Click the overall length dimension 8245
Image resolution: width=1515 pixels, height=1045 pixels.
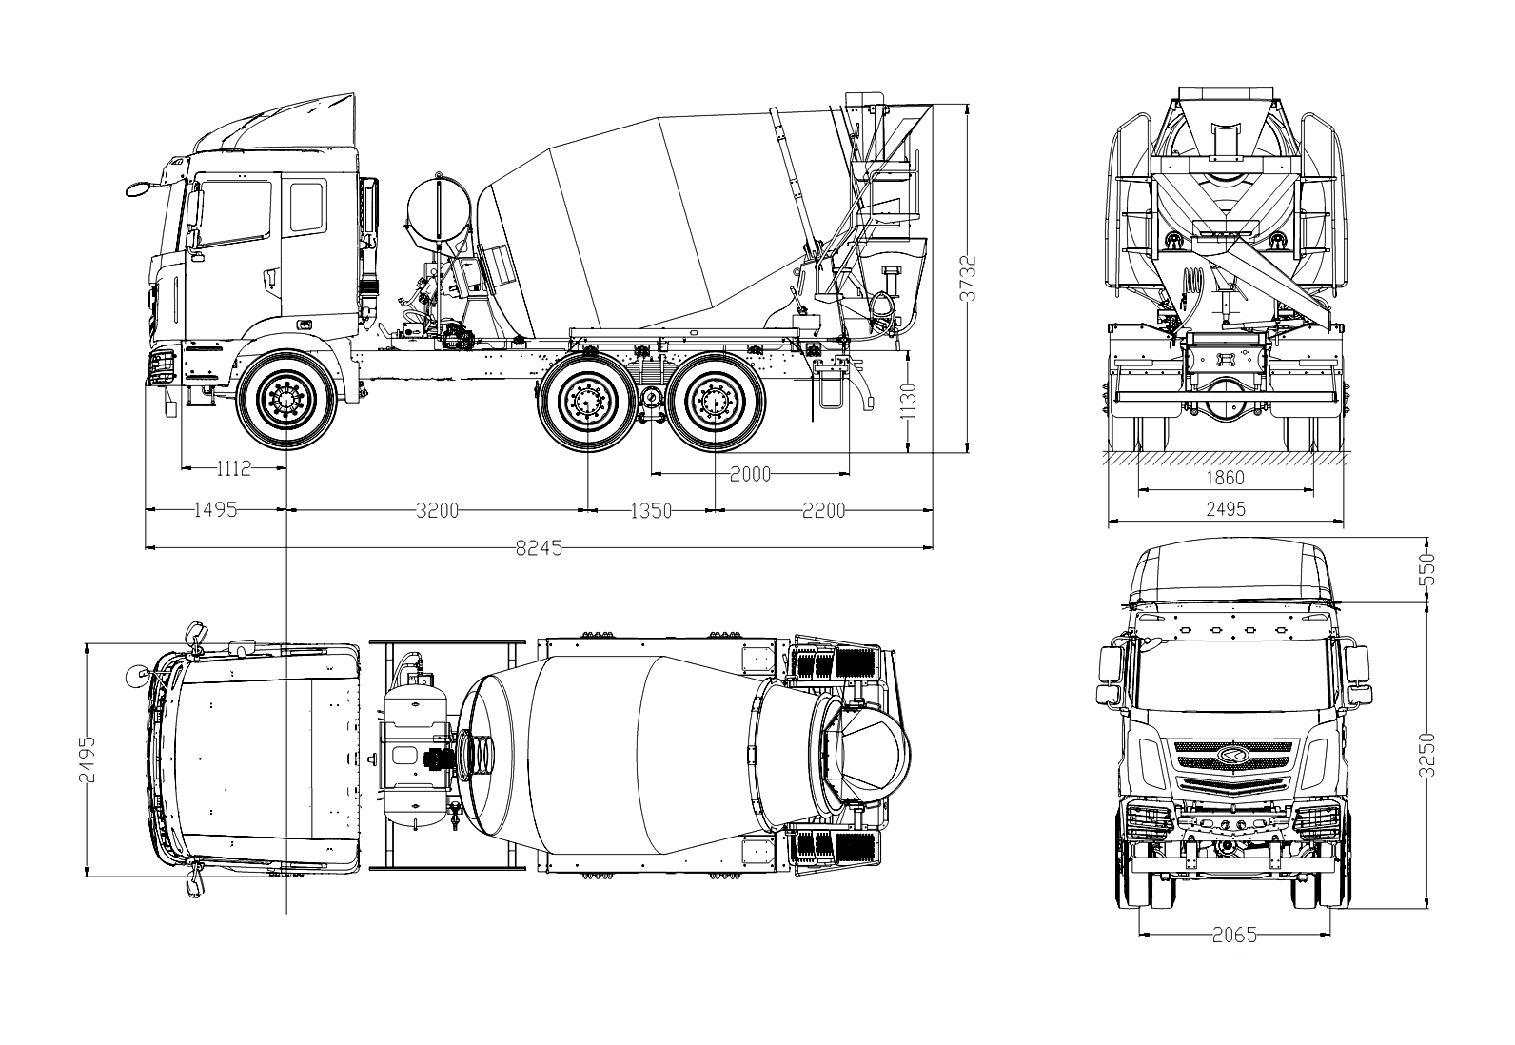539,548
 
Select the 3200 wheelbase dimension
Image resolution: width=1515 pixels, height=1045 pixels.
437,511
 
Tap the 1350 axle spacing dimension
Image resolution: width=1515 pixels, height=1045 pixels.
651,511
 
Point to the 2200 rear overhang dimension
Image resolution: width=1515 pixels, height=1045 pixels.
824,511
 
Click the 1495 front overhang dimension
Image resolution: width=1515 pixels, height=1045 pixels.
216,509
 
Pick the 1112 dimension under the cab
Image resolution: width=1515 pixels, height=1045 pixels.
233,468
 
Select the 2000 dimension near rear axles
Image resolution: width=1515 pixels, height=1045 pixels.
750,475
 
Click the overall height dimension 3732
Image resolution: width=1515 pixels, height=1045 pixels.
969,278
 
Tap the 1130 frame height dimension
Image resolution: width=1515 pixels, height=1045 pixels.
910,402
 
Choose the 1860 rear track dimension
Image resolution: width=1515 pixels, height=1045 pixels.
1225,478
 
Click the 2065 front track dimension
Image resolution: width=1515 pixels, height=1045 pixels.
1234,936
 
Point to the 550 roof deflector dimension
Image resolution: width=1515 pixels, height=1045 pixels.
1426,569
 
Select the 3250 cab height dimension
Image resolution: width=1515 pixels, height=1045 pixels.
1426,755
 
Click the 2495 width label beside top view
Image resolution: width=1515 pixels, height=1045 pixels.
88,759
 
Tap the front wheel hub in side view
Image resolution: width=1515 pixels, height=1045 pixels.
286,401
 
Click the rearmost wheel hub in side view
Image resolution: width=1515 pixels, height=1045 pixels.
715,402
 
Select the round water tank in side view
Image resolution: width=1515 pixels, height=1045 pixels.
439,210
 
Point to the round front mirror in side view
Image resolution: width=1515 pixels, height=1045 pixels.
139,188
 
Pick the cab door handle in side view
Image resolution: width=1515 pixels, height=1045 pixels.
270,278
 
